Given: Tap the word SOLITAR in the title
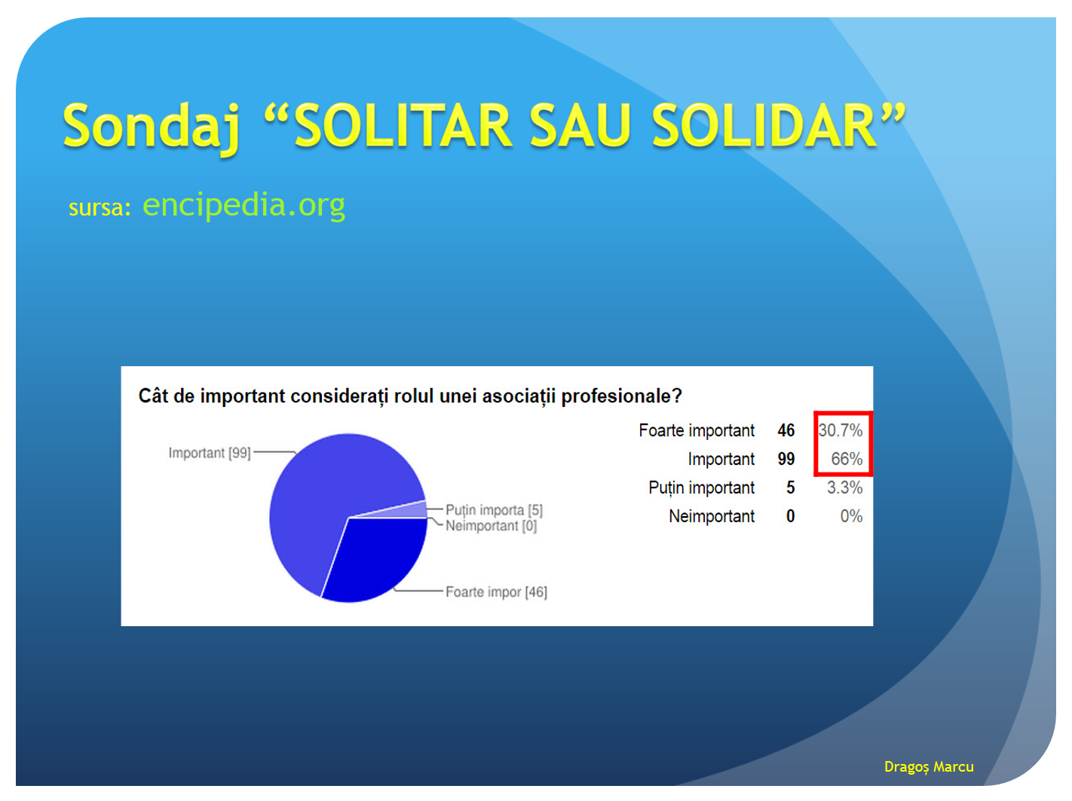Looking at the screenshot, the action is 403,125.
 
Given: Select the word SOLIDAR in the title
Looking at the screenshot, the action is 764,125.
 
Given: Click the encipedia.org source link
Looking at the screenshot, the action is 243,205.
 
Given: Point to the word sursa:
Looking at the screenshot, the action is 100,207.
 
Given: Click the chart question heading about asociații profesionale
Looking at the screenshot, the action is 410,396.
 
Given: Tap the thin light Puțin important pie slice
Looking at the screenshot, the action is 412,509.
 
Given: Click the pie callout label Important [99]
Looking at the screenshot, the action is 209,453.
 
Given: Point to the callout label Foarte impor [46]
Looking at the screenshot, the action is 496,592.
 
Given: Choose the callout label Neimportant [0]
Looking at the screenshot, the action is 491,526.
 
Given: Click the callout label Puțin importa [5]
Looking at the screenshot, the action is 494,510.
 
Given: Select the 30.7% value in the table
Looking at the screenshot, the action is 840,430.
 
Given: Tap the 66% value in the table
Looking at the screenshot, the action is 847,459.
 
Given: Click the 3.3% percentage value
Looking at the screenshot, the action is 844,487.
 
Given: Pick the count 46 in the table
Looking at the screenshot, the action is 786,430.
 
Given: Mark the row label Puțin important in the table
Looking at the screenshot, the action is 701,488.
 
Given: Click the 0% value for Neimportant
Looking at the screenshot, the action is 851,516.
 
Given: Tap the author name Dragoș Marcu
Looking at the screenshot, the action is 929,767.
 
